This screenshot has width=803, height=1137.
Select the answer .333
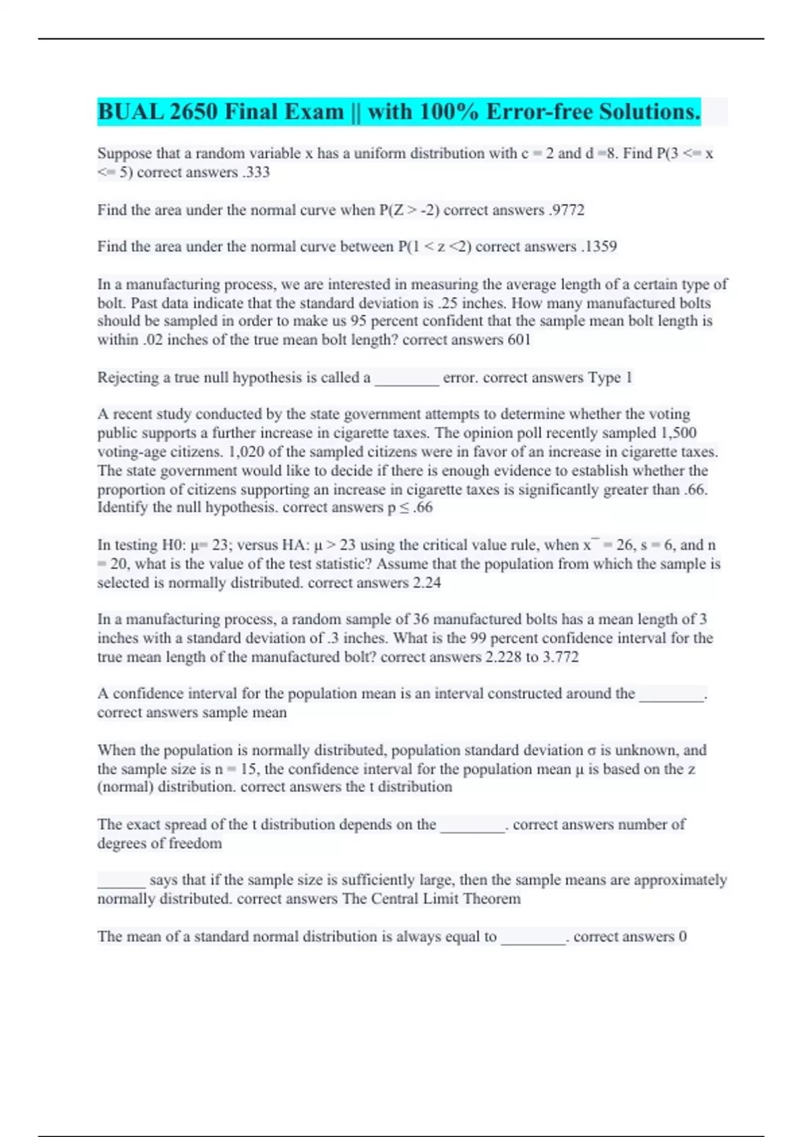pyautogui.click(x=256, y=173)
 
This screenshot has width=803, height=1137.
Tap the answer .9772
pyautogui.click(x=566, y=210)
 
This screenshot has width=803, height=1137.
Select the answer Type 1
pyautogui.click(x=610, y=378)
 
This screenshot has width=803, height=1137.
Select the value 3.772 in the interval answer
pyautogui.click(x=560, y=657)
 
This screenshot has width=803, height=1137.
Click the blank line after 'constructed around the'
pyautogui.click(x=672, y=696)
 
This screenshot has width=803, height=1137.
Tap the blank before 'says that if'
pyautogui.click(x=121, y=882)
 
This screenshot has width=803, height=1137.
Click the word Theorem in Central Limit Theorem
pyautogui.click(x=492, y=899)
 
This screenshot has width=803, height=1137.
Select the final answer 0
pyautogui.click(x=683, y=936)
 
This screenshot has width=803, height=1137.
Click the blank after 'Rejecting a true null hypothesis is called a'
pyautogui.click(x=406, y=380)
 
